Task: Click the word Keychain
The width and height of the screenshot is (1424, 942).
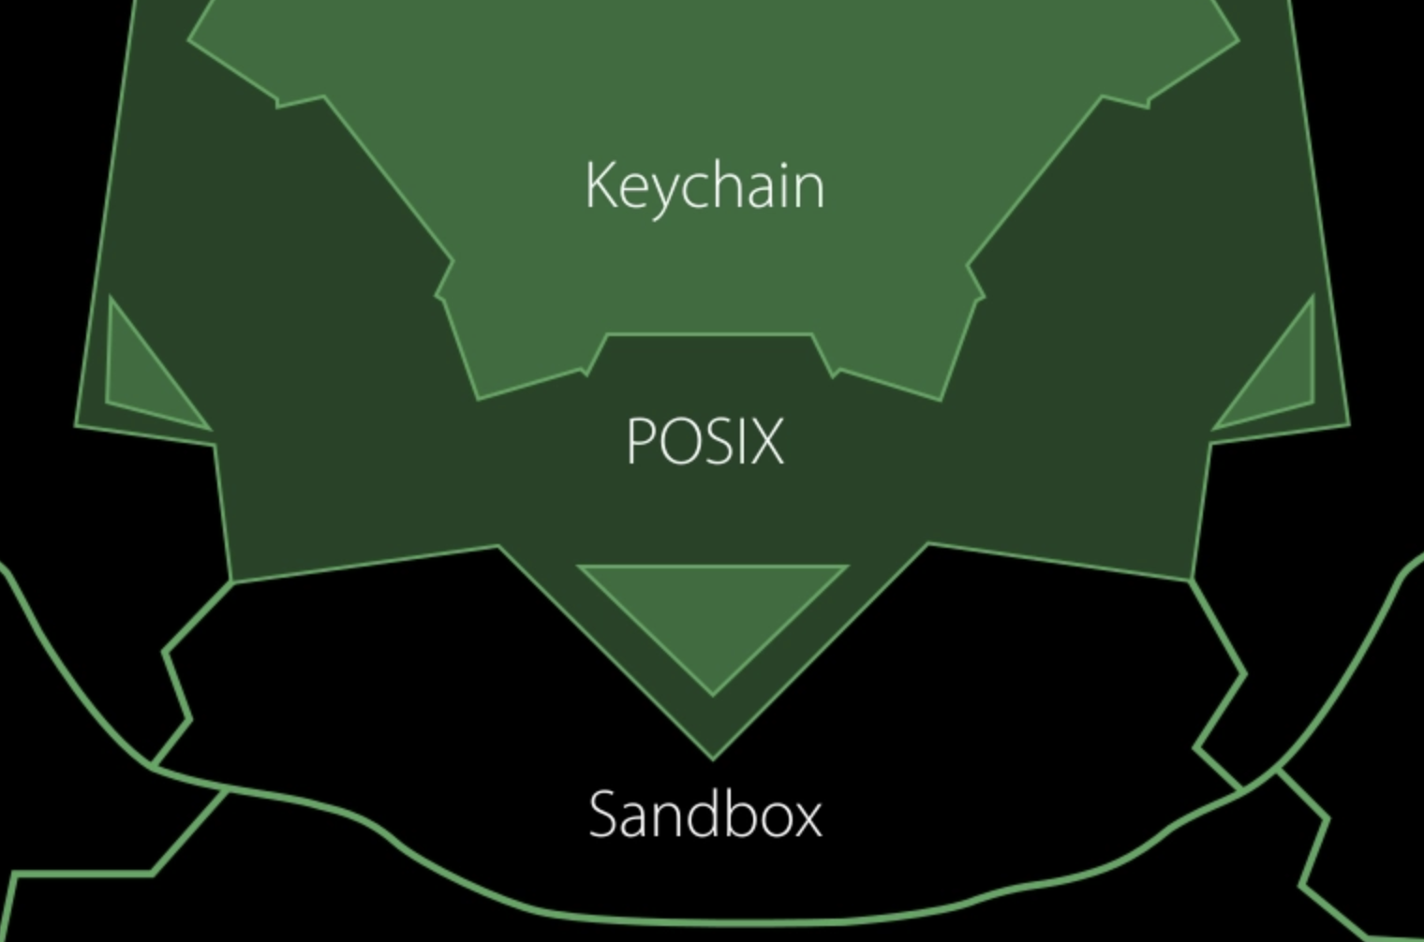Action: click(705, 185)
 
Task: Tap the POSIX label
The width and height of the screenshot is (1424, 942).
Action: click(705, 440)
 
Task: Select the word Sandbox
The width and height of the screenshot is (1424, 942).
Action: click(705, 814)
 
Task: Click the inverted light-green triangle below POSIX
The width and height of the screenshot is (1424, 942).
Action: click(713, 609)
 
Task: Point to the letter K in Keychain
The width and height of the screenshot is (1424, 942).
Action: click(600, 184)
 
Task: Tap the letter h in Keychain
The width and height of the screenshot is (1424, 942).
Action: click(720, 184)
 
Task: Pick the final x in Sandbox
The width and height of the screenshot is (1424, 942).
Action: click(806, 817)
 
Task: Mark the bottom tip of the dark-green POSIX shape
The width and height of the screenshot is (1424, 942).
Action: click(712, 757)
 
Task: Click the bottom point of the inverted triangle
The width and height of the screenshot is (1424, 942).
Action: click(713, 693)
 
